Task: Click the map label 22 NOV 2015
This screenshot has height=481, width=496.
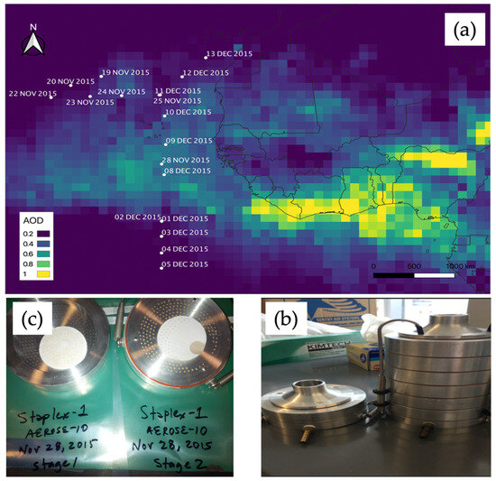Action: point(32,93)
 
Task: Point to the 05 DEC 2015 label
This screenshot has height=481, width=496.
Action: point(185,264)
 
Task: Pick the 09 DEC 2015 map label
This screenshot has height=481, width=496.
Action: point(188,141)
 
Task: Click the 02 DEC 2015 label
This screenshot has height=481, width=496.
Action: point(136,217)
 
